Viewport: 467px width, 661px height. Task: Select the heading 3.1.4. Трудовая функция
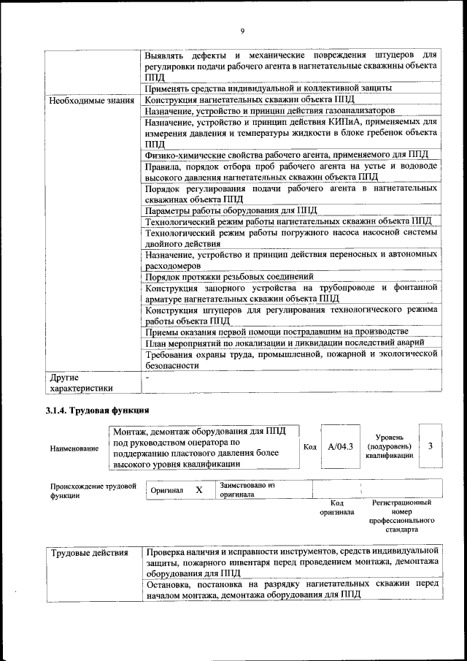pos(97,410)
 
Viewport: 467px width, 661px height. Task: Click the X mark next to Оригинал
pos(198,490)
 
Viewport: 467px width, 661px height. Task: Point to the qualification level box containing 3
pos(431,446)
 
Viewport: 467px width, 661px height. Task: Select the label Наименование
pos(74,448)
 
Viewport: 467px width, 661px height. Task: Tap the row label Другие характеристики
pos(82,383)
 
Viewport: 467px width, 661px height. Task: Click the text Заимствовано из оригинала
pos(247,489)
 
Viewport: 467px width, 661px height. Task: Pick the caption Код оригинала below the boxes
pos(336,508)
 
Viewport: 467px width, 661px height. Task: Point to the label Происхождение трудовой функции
pos(93,490)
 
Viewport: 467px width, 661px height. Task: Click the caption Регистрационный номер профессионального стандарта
pos(401,516)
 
